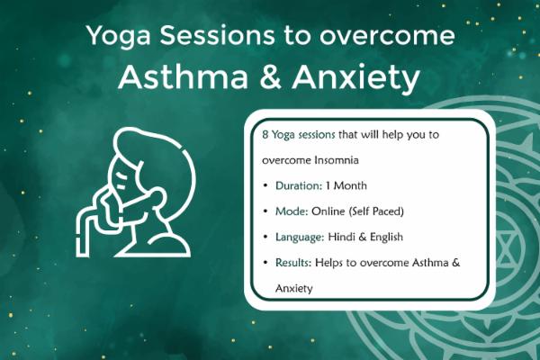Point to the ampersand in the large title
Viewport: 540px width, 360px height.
click(266, 78)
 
